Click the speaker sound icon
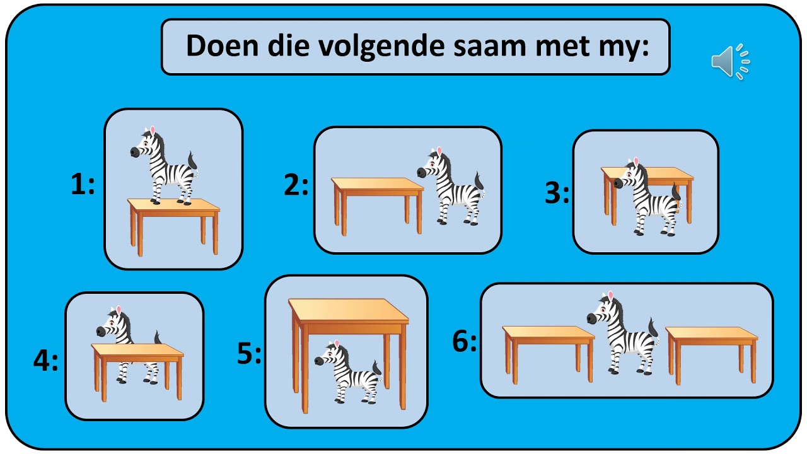point(730,62)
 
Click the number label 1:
point(83,185)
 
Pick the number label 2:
point(296,185)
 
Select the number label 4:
point(45,361)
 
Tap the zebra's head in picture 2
point(431,166)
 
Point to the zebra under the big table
point(349,373)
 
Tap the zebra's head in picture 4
point(112,323)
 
